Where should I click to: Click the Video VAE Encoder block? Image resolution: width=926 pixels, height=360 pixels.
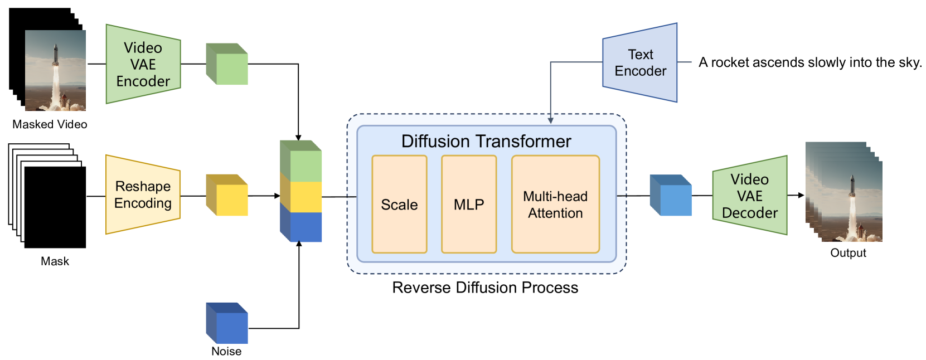click(x=143, y=64)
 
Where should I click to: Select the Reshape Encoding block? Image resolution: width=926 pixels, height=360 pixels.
click(x=143, y=194)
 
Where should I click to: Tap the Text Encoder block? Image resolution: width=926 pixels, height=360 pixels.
click(x=640, y=62)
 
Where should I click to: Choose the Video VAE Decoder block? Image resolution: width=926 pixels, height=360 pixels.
click(x=750, y=196)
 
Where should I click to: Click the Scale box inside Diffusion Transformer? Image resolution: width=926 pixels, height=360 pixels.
click(x=399, y=204)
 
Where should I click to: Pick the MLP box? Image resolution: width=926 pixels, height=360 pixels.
click(x=469, y=204)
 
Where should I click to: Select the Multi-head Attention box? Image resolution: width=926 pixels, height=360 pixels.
click(x=556, y=204)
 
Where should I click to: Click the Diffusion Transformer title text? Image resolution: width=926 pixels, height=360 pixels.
click(x=486, y=142)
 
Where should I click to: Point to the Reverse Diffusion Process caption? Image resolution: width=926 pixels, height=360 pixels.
click(x=485, y=288)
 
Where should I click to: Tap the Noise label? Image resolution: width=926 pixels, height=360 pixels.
click(x=226, y=351)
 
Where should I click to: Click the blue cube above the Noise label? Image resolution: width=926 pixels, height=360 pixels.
click(x=227, y=323)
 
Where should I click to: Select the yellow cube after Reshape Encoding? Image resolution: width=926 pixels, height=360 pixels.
click(x=227, y=195)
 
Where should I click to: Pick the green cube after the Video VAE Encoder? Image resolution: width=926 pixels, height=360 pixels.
click(x=227, y=64)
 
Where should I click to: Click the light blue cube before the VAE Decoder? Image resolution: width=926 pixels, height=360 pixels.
click(x=671, y=195)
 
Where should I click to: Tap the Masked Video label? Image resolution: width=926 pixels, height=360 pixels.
click(x=50, y=124)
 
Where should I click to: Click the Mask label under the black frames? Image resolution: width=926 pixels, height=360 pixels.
click(x=55, y=261)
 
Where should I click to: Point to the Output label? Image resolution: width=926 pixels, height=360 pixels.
click(x=849, y=253)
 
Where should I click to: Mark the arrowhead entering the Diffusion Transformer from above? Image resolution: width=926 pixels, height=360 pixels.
click(x=551, y=120)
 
